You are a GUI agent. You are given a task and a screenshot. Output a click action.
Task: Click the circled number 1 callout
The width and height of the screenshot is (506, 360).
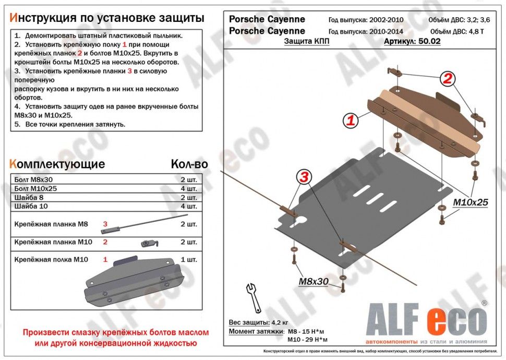[x=351, y=121]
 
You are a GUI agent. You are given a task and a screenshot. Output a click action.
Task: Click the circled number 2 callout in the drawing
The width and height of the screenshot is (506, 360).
[x=447, y=79]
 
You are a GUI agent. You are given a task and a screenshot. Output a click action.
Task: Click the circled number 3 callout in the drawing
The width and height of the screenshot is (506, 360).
[x=305, y=177]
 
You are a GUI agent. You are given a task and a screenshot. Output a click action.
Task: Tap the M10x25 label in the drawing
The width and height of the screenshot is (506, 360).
[x=470, y=202]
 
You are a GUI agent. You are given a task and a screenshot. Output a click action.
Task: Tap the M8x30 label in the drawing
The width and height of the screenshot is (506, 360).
[x=313, y=282]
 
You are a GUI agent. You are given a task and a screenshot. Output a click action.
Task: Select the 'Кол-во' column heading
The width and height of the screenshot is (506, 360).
[x=189, y=164]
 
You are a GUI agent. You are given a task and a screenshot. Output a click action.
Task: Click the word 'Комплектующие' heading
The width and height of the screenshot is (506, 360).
[x=57, y=164]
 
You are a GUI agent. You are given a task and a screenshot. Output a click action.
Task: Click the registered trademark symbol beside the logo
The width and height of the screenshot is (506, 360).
[x=484, y=303]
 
